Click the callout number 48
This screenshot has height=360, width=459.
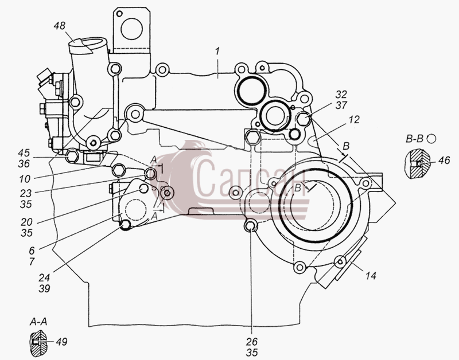click(x=60, y=26)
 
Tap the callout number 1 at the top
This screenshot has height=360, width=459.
click(x=217, y=52)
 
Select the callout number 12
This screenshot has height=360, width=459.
click(x=353, y=120)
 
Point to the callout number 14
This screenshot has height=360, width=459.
click(x=371, y=276)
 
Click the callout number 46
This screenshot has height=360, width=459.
click(x=444, y=160)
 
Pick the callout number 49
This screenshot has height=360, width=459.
click(x=61, y=341)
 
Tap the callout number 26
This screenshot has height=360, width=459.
click(x=252, y=341)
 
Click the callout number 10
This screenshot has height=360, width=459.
click(x=25, y=179)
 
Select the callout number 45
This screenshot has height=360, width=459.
click(x=24, y=152)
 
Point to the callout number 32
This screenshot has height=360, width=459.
click(x=341, y=94)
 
